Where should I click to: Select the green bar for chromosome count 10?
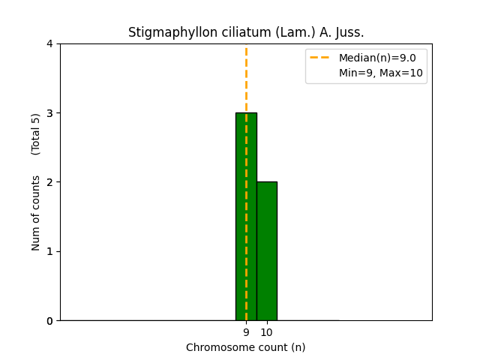coord(266,250)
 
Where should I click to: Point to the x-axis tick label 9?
coord(246,332)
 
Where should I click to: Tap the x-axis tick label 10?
coord(266,332)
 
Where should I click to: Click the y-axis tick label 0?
coord(49,321)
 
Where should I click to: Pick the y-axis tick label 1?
coord(49,251)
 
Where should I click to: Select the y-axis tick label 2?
coord(49,182)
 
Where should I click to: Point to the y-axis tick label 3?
coord(49,113)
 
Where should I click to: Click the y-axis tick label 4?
coord(49,44)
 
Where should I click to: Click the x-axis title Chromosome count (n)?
coord(246,347)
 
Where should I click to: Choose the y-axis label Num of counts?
coord(36,212)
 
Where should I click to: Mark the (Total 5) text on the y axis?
coord(36,133)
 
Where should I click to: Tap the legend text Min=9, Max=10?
coord(380,73)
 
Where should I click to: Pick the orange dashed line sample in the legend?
coord(321,58)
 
